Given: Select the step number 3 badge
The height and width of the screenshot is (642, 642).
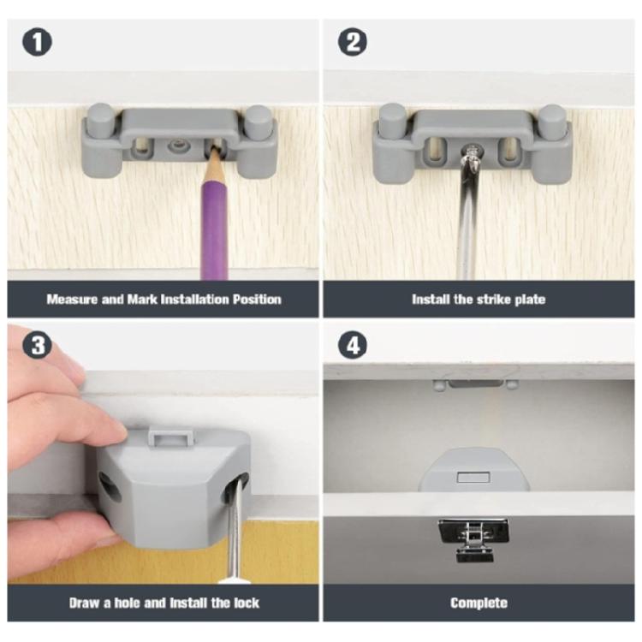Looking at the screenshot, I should [34, 347].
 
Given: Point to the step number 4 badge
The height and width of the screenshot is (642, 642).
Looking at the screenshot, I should [352, 347].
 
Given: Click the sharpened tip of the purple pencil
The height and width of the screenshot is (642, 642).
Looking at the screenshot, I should [211, 153].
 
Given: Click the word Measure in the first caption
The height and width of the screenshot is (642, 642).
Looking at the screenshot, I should [73, 300].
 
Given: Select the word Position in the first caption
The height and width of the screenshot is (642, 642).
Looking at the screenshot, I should [253, 300].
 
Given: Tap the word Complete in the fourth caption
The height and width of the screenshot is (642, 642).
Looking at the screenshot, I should [479, 603].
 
